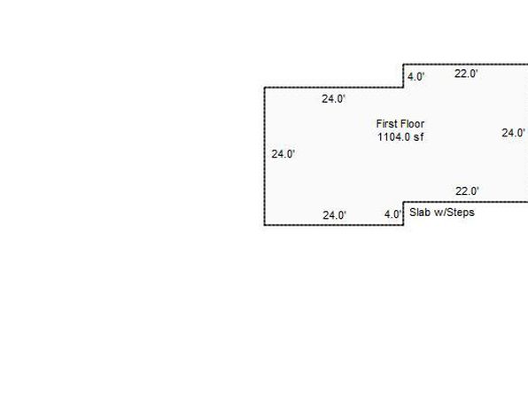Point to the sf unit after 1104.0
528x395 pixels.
(418, 137)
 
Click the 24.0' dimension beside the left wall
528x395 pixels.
(283, 154)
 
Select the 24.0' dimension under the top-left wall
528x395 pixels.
(333, 99)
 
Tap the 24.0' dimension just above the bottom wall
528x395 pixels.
(334, 215)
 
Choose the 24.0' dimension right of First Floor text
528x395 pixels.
(513, 133)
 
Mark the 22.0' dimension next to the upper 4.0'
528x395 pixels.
(466, 74)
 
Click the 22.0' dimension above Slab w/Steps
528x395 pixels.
(467, 191)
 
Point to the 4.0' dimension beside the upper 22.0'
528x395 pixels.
(415, 77)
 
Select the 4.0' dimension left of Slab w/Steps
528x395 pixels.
(393, 214)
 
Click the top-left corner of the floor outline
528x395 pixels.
(265, 88)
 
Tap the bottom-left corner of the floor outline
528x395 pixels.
(265, 225)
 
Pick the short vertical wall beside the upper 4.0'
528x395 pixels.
(403, 76)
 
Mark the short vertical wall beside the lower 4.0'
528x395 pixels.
(403, 213)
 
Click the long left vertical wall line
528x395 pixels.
(265, 156)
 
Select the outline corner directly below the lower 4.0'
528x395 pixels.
(403, 225)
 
